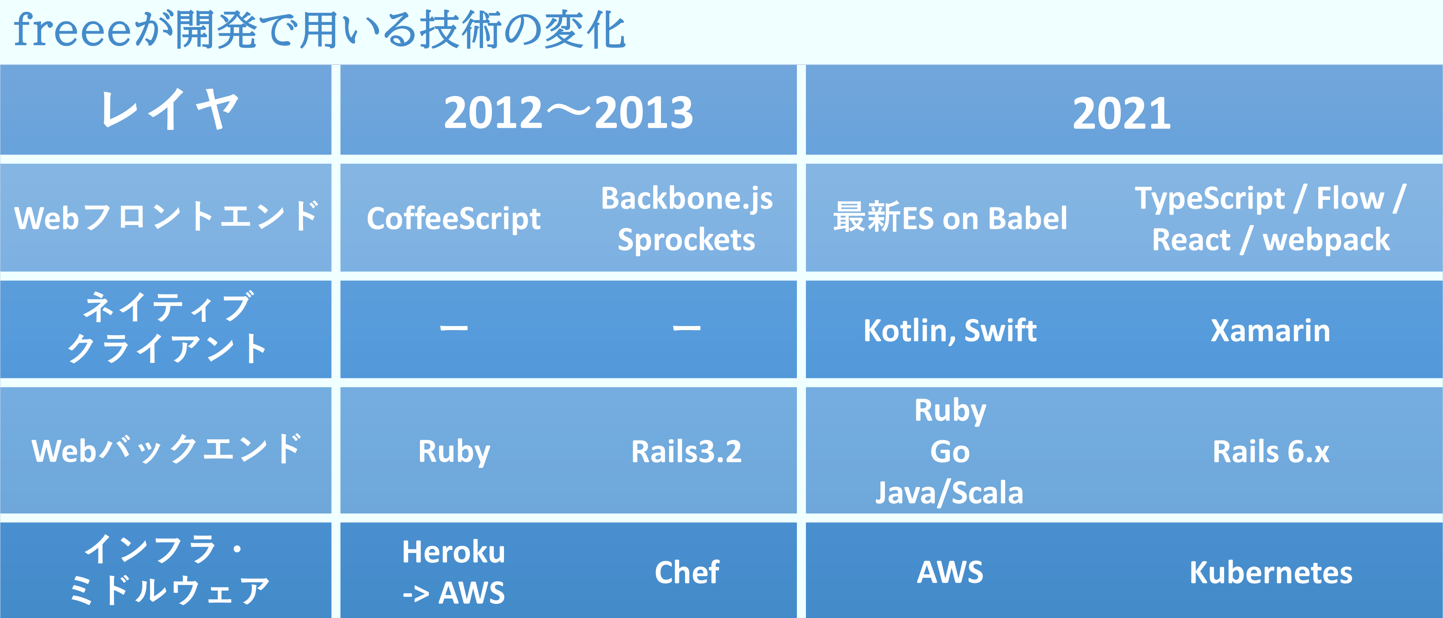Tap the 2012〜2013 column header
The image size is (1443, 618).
tap(568, 112)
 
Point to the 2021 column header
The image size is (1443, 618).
tap(1122, 113)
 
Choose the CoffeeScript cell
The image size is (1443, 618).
tap(454, 219)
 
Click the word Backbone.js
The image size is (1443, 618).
tap(687, 198)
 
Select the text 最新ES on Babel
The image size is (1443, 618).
tap(950, 218)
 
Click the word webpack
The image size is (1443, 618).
tap(1326, 240)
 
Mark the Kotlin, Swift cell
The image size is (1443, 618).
tap(950, 330)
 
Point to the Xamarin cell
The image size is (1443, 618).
tap(1271, 330)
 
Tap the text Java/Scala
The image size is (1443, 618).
tap(949, 492)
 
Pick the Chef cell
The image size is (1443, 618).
tap(687, 572)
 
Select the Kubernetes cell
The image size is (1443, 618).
tap(1271, 572)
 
